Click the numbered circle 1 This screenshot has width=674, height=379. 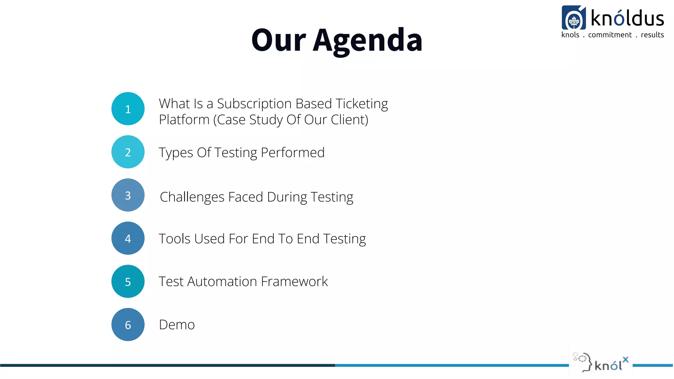click(x=128, y=109)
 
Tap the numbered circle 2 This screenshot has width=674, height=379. click(x=128, y=152)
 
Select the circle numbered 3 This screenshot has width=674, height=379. click(x=128, y=195)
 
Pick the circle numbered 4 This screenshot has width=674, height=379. click(x=128, y=238)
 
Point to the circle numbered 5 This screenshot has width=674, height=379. click(x=128, y=281)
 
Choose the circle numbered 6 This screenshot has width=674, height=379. click(x=128, y=325)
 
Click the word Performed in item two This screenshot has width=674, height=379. click(x=293, y=153)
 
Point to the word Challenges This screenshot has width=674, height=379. click(x=192, y=197)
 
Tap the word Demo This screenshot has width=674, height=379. click(x=177, y=325)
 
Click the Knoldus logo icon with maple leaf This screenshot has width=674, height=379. click(x=574, y=18)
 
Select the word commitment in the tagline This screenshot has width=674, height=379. click(x=610, y=35)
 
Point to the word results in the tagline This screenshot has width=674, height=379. click(x=652, y=35)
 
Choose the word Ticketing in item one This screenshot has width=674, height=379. click(x=362, y=104)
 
